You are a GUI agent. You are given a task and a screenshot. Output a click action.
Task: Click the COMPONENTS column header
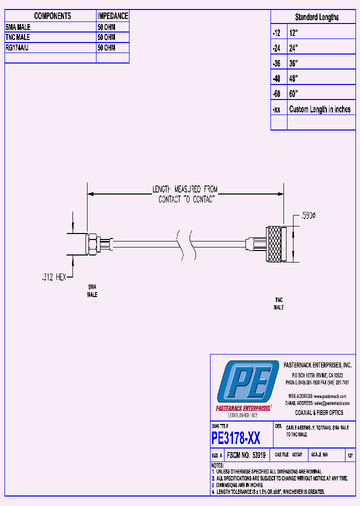click(52, 16)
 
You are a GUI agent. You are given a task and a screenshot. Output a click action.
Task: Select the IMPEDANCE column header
click(112, 16)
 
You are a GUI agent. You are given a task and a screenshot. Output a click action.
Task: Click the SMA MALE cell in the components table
click(18, 27)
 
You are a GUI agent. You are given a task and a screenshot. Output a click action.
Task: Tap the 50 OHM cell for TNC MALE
click(106, 37)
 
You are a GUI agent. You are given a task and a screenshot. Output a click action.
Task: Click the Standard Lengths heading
click(316, 17)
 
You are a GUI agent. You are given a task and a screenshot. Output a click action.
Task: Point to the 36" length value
click(293, 63)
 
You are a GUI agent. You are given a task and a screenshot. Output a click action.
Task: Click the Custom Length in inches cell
click(319, 109)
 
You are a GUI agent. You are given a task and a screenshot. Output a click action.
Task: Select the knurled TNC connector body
click(274, 244)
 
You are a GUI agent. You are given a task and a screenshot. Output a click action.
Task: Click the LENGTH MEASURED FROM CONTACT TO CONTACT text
click(185, 194)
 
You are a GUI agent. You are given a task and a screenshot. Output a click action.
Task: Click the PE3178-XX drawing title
click(236, 438)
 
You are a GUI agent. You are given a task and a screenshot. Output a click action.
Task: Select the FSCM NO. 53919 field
click(245, 455)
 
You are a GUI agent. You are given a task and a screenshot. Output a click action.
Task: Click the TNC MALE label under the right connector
click(278, 303)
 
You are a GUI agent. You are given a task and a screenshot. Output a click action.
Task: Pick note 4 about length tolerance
click(268, 492)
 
